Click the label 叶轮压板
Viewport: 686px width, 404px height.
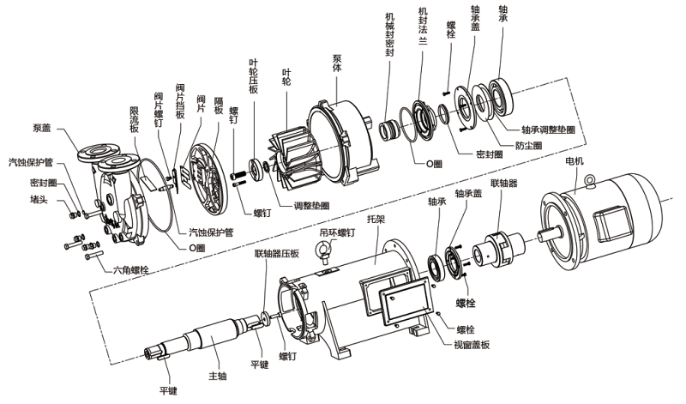[x=253, y=78]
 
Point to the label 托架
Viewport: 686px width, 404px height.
[x=374, y=220]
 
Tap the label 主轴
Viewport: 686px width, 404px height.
[x=218, y=376]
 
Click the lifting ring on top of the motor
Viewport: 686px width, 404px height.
[x=593, y=179]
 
